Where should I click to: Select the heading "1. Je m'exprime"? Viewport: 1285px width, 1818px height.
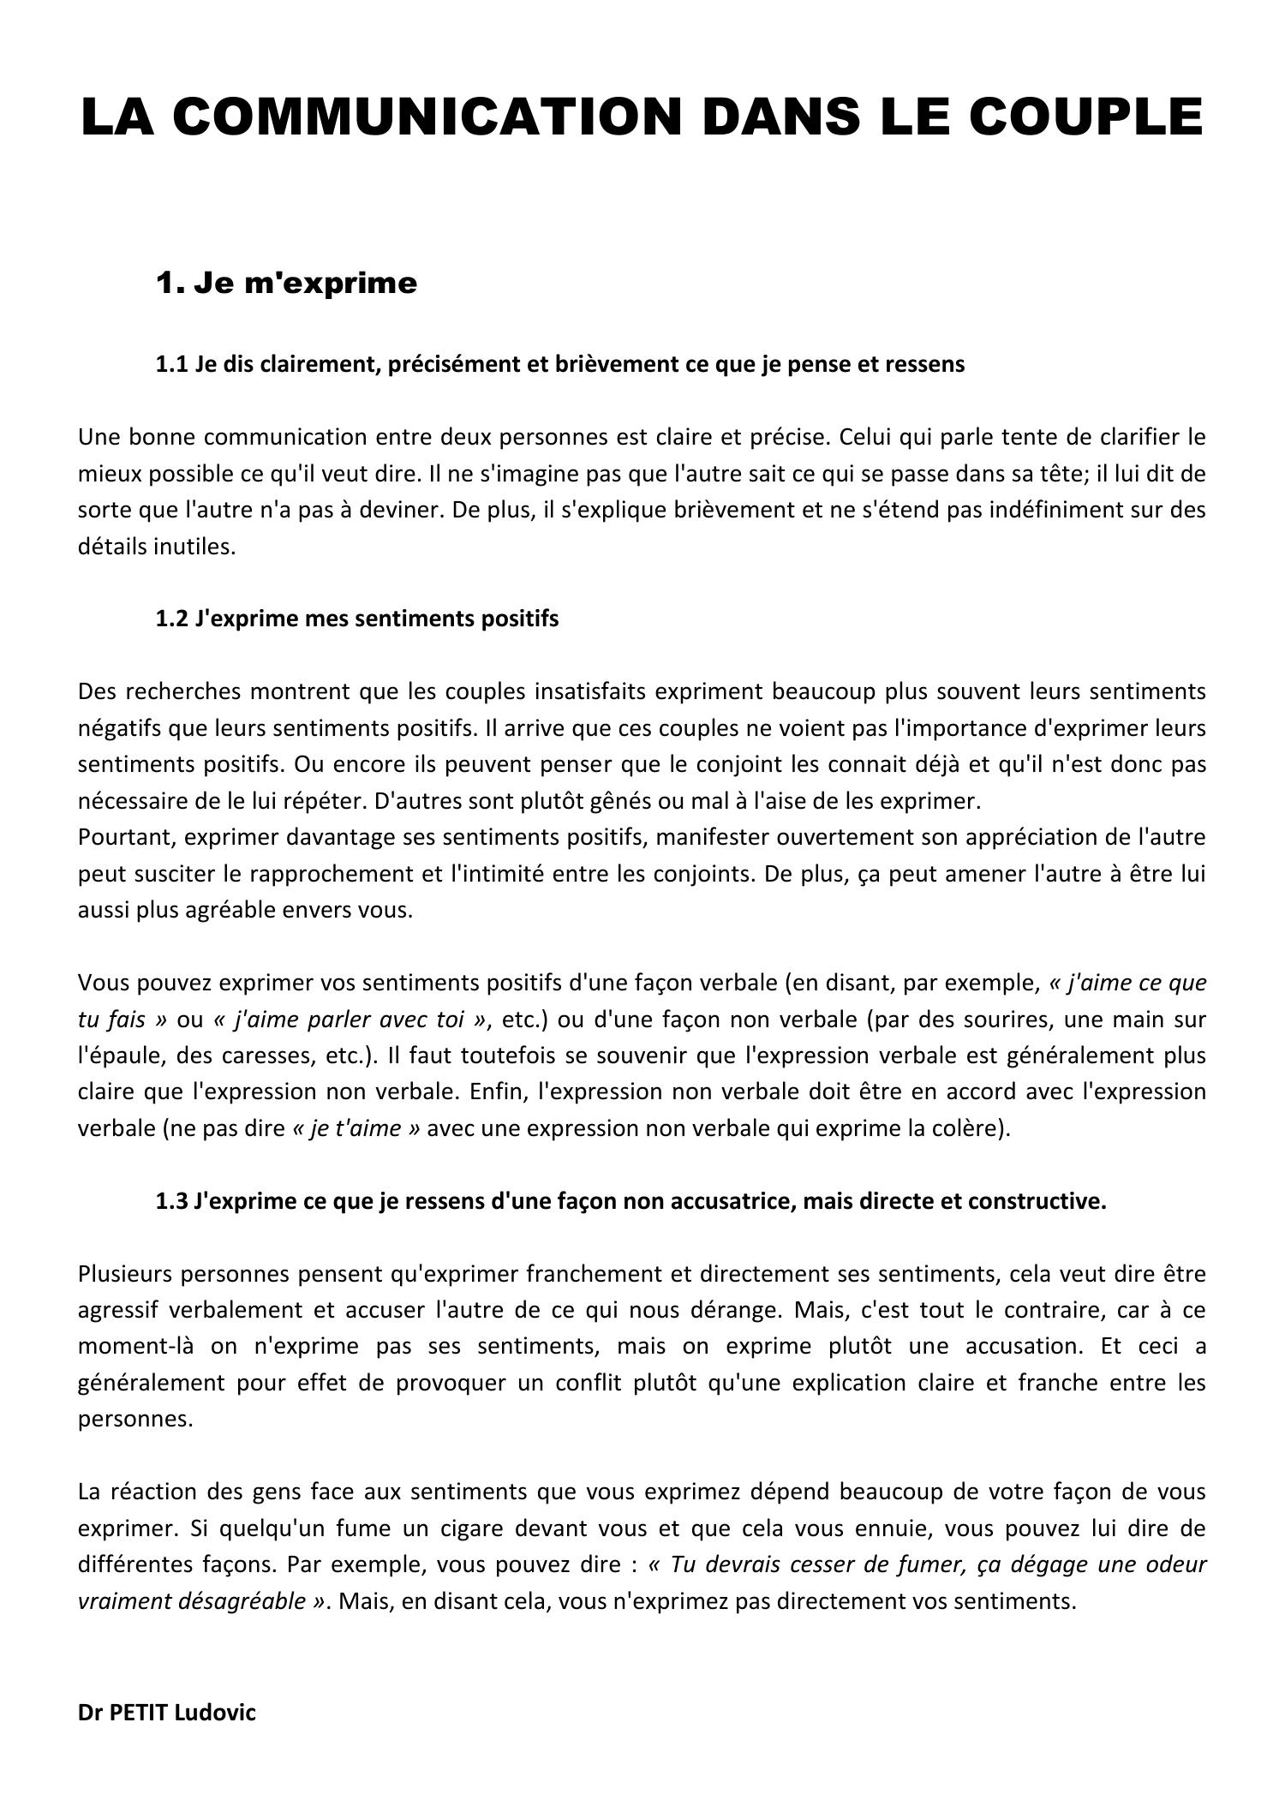(286, 283)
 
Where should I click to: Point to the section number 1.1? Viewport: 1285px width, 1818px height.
(171, 364)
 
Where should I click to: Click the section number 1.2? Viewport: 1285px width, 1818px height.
(171, 619)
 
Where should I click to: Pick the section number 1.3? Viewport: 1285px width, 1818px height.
(171, 1201)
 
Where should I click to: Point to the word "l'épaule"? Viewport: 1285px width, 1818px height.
(119, 1056)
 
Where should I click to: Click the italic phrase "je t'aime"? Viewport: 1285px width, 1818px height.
(356, 1128)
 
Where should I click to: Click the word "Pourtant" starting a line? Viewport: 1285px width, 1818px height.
(126, 837)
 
